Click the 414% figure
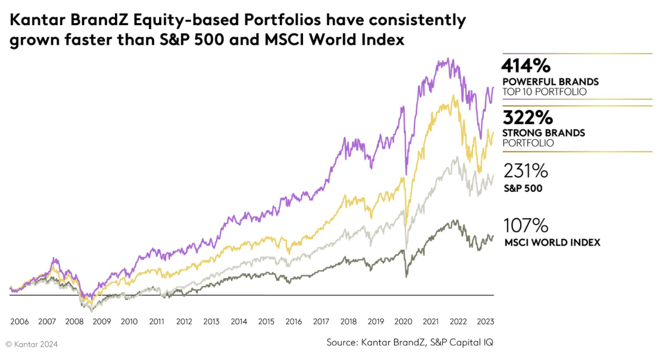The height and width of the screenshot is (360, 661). [526, 66]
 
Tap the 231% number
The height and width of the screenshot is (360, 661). [526, 171]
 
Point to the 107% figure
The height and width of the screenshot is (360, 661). [526, 225]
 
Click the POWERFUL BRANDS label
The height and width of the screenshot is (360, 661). [550, 82]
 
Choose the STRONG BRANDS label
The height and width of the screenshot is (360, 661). [544, 133]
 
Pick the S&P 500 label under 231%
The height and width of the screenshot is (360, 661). [522, 189]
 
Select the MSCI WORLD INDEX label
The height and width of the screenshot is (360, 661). [552, 242]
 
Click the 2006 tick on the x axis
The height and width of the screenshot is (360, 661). [19, 321]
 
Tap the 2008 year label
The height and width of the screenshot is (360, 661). [74, 321]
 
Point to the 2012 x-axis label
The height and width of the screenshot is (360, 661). [184, 321]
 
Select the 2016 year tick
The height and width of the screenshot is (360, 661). [293, 321]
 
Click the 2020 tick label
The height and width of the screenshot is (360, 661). [403, 321]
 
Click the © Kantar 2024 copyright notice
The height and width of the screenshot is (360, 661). [32, 344]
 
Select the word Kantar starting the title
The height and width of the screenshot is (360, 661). [34, 21]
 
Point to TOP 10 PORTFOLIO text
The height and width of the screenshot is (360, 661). [544, 92]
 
